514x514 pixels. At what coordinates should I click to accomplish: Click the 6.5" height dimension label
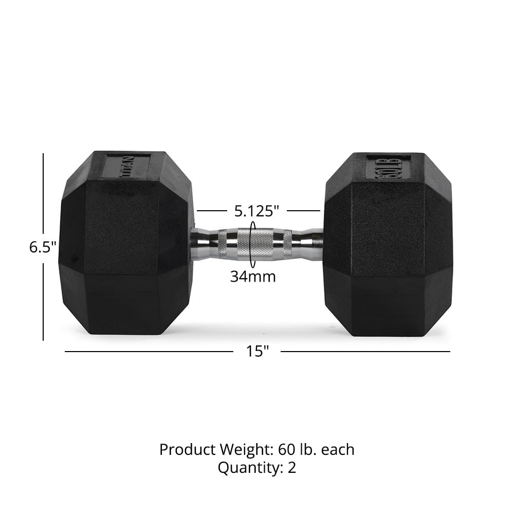click(42, 247)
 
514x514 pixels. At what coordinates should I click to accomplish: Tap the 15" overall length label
click(257, 352)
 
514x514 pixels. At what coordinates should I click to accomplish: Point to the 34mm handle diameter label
click(252, 277)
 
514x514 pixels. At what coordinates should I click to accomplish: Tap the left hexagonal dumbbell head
click(126, 244)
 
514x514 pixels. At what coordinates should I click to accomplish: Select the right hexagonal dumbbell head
click(388, 244)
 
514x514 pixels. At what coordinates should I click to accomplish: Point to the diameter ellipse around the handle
click(252, 242)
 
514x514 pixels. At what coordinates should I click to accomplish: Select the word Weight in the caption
click(244, 450)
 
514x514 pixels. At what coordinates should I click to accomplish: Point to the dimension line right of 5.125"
click(303, 211)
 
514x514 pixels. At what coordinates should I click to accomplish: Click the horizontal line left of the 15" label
click(149, 352)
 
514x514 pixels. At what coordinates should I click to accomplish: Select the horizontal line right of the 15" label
click(365, 352)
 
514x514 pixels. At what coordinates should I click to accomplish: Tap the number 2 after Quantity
click(292, 468)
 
